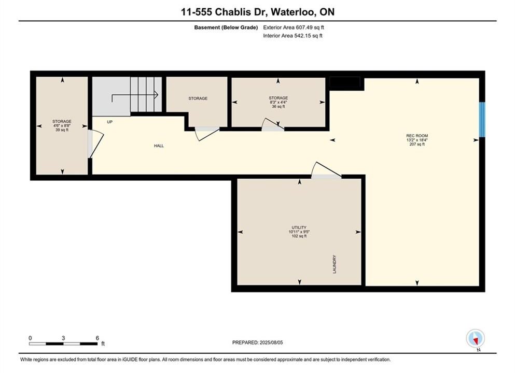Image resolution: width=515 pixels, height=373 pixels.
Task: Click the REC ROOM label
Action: click(x=417, y=136)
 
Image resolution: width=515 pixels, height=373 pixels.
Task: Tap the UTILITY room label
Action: click(x=299, y=227)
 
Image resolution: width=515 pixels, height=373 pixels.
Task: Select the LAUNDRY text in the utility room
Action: click(x=335, y=264)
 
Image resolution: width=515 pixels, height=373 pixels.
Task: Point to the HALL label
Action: click(x=159, y=146)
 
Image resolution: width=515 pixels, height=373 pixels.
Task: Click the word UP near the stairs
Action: click(x=110, y=122)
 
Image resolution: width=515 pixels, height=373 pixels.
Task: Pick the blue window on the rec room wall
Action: click(x=482, y=120)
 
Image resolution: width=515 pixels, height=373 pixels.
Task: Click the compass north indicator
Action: click(x=475, y=339)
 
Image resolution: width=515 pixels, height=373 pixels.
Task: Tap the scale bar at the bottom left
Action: click(x=63, y=343)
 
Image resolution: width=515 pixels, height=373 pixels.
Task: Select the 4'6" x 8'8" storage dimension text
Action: click(x=62, y=126)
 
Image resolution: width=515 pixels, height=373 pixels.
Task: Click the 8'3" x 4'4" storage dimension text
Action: click(x=278, y=102)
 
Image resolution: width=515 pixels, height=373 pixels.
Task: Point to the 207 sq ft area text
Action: click(x=417, y=144)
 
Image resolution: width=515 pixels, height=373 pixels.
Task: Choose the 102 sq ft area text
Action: click(x=299, y=236)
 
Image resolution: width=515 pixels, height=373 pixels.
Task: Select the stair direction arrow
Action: click(x=135, y=95)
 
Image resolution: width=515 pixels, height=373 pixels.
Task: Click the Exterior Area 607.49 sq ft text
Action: click(x=294, y=27)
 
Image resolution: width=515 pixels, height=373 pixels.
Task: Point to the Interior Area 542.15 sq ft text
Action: click(x=293, y=36)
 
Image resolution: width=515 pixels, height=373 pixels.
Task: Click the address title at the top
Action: click(x=257, y=12)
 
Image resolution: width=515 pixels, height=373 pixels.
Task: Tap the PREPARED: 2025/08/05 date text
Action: click(x=257, y=342)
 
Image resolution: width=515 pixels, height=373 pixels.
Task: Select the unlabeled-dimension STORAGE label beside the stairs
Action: click(x=198, y=98)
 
